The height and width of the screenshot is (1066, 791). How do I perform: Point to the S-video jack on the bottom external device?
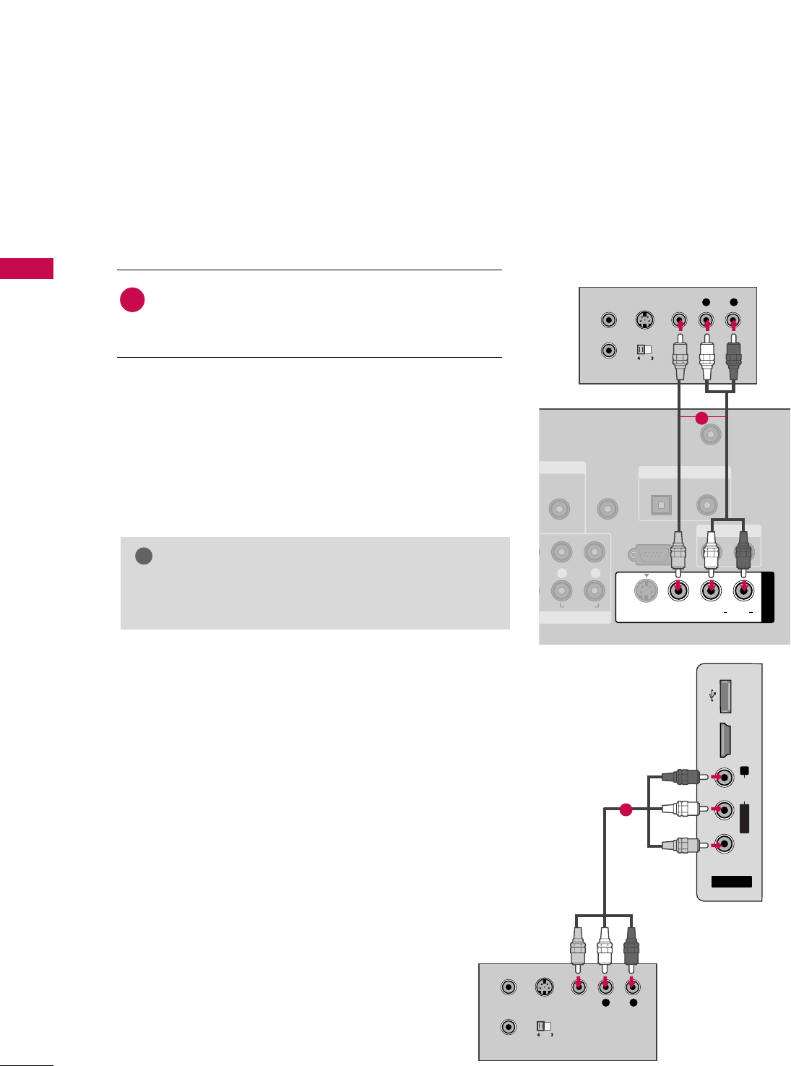[543, 987]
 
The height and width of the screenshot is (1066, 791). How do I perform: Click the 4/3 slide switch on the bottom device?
[543, 1026]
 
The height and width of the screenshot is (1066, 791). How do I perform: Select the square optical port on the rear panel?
[661, 505]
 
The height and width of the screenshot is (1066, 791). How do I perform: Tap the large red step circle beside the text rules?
[132, 300]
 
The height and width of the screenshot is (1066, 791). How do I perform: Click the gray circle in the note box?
[144, 556]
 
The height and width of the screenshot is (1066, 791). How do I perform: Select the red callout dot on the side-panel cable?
[626, 810]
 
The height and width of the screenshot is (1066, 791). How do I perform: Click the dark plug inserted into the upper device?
[734, 357]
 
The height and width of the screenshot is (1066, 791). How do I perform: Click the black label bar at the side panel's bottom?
[731, 882]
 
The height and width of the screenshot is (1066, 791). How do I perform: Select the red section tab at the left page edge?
[27, 268]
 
